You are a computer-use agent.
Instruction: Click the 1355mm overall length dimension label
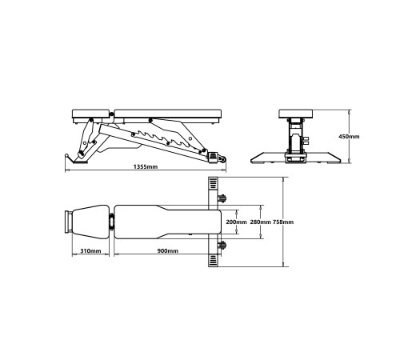[146, 167]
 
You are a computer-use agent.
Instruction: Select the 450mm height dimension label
[349, 137]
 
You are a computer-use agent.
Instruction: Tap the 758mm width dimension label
[283, 222]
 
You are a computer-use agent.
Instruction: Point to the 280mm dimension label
[260, 222]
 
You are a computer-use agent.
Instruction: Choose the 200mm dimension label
[236, 222]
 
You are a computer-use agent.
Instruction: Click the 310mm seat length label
[90, 251]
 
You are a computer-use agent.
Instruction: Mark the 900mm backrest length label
[168, 251]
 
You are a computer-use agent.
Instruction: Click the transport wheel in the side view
[222, 159]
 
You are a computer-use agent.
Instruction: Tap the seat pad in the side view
[91, 114]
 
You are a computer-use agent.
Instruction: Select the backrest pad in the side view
[168, 114]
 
